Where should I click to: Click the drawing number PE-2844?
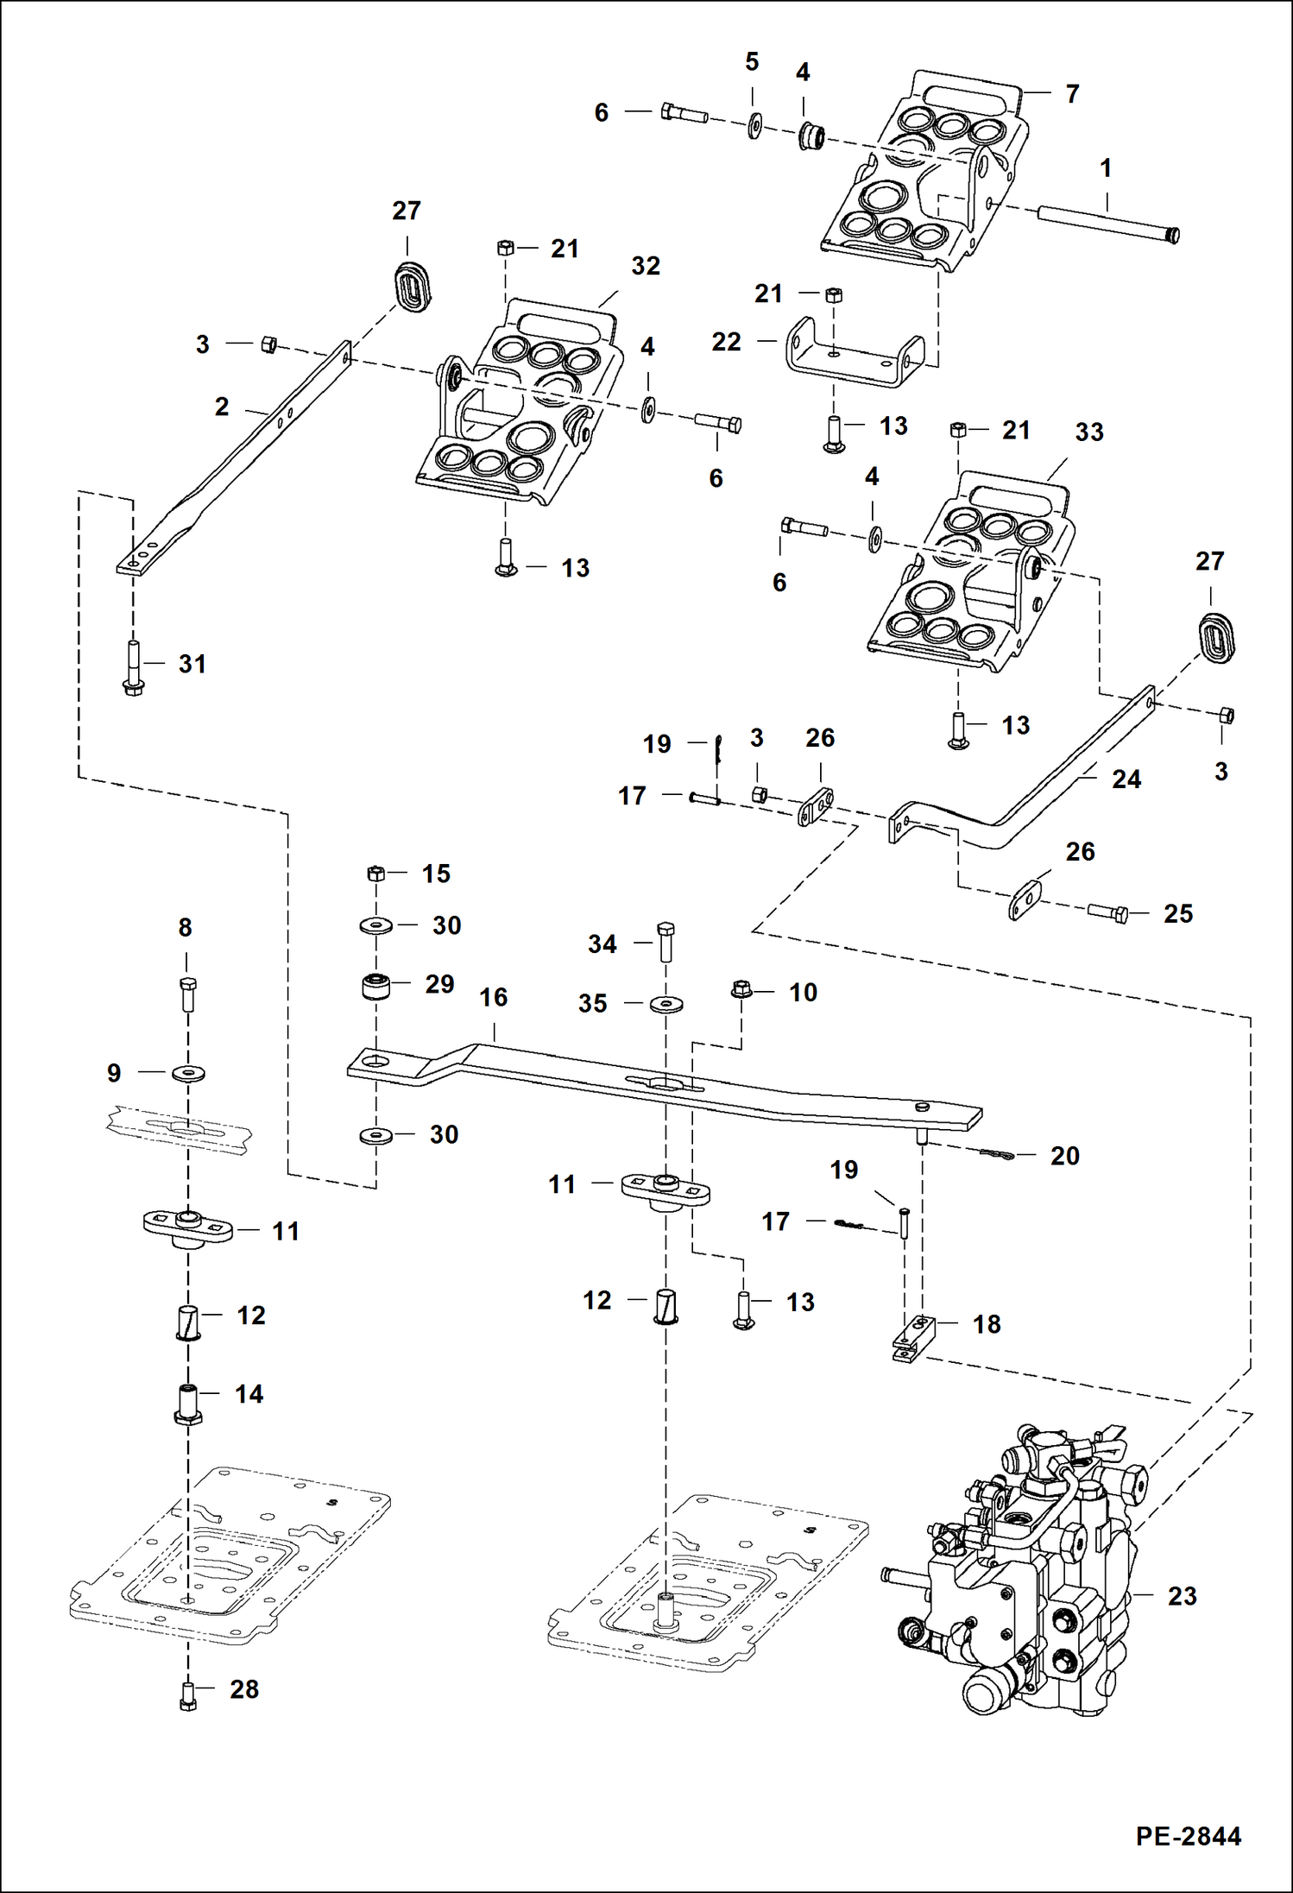[1188, 1836]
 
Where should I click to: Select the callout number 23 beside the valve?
[1182, 1596]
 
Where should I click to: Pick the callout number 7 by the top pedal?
[1072, 94]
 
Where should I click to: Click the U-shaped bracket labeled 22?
[855, 355]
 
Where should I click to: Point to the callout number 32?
[646, 266]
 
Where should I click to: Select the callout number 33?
[1088, 432]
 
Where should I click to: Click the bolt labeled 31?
[133, 668]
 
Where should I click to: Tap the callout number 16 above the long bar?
[493, 998]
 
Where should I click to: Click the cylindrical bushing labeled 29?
[375, 986]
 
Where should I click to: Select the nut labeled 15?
[375, 874]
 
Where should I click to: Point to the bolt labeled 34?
[665, 943]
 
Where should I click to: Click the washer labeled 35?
[665, 1004]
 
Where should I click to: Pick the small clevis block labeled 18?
[913, 1335]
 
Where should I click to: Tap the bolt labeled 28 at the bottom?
[187, 1696]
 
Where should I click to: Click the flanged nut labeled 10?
[741, 989]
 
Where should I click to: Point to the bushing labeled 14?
[187, 1404]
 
